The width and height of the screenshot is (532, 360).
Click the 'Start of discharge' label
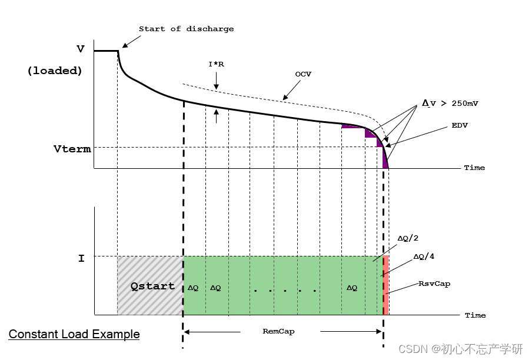[x=186, y=29]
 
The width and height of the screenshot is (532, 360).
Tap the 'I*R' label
[x=216, y=64]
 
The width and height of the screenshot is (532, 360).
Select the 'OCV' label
[x=302, y=75]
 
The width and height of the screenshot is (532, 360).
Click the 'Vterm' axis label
[x=72, y=149]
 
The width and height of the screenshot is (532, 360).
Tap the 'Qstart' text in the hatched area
[x=152, y=286]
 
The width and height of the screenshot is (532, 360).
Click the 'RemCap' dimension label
[x=278, y=331]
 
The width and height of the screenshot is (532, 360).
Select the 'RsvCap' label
[x=434, y=284]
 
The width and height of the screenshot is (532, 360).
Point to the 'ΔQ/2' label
[x=408, y=238]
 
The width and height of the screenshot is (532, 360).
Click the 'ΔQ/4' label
[x=424, y=257]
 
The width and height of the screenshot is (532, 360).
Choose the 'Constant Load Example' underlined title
[x=74, y=335]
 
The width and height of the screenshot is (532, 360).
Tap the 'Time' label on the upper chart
[x=474, y=168]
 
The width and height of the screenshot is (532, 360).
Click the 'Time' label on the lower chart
[x=475, y=315]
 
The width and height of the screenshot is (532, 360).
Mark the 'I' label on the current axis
[x=81, y=258]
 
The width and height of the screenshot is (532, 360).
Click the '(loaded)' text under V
[x=54, y=71]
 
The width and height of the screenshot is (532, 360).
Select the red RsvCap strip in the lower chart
[x=386, y=285]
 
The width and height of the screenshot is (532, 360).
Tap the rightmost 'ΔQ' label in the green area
[x=351, y=288]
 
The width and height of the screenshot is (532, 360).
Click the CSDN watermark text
[x=460, y=349]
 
